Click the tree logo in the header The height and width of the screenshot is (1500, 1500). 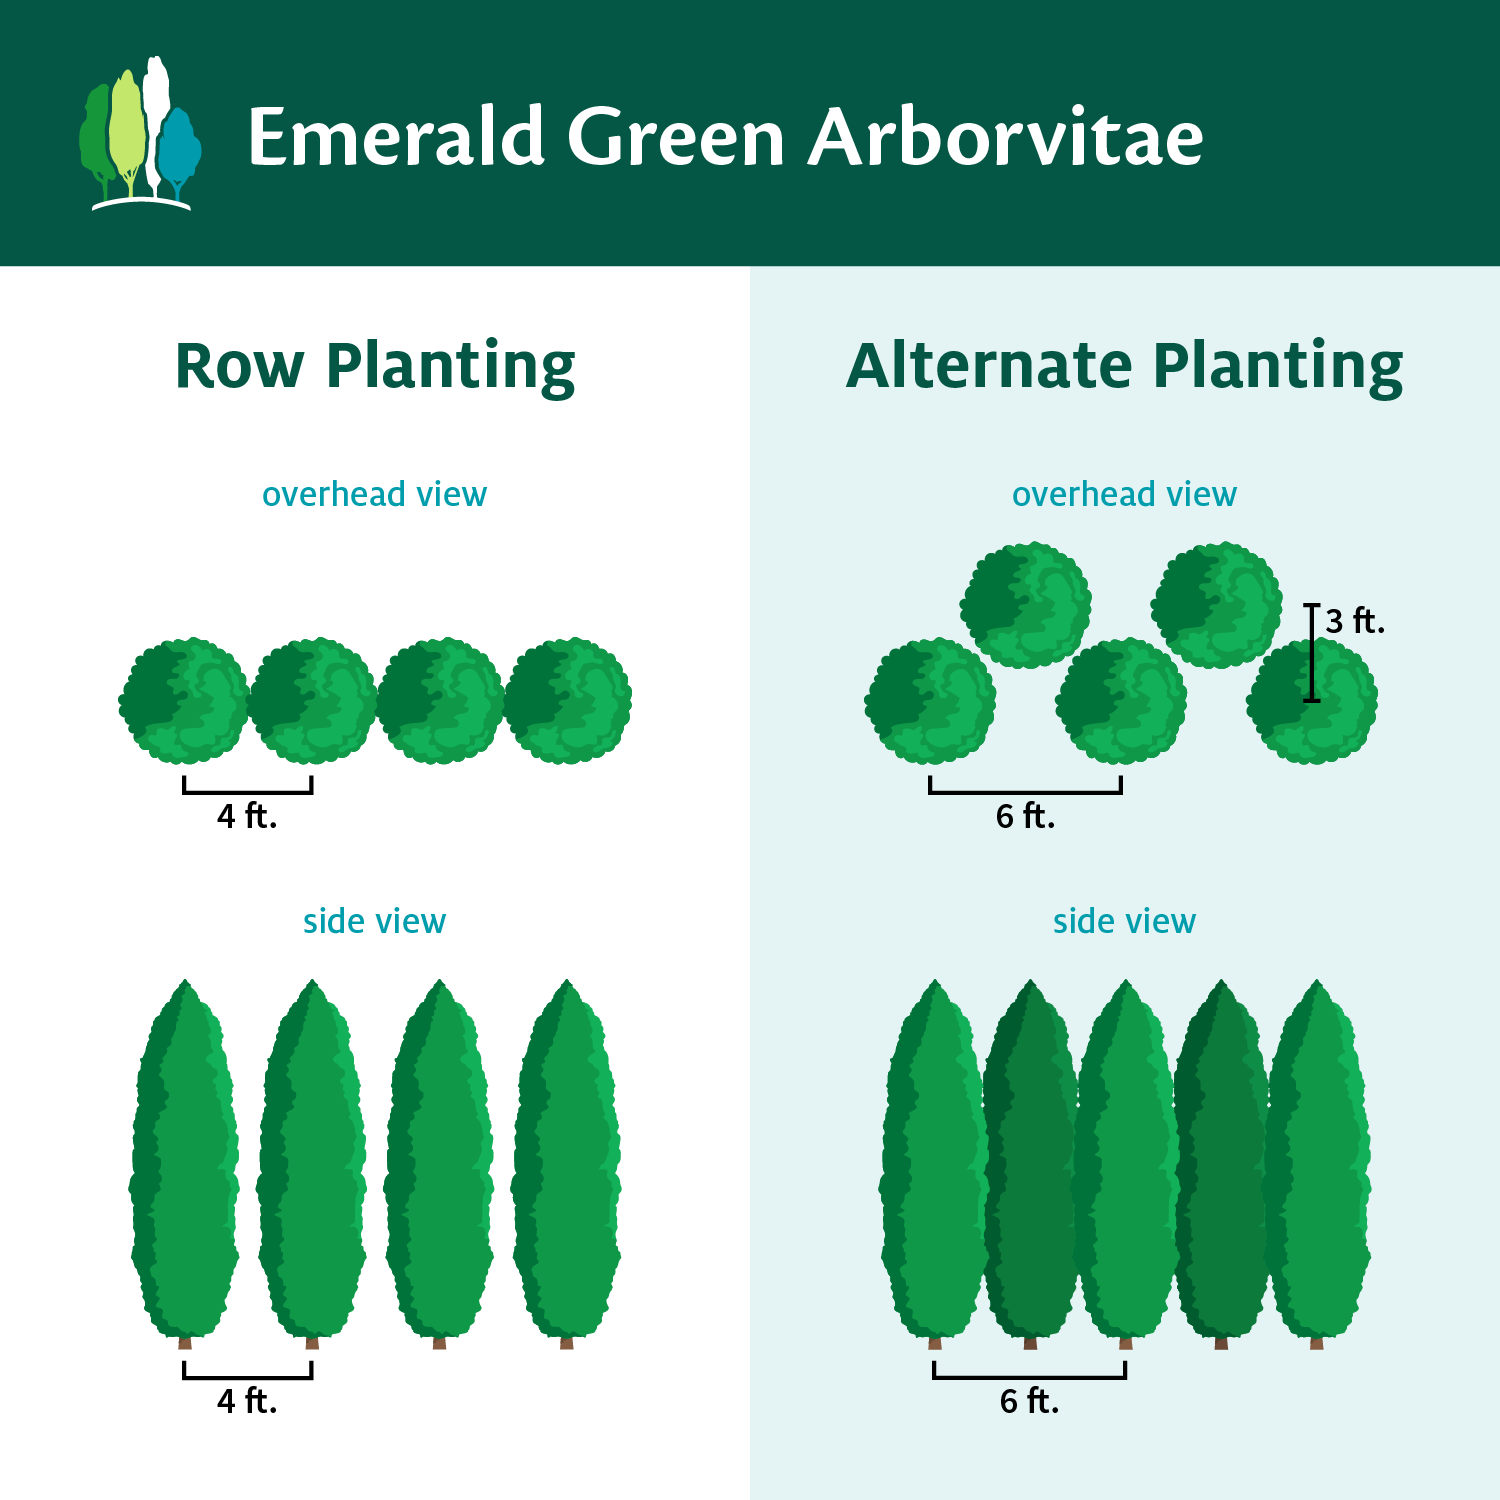(x=140, y=135)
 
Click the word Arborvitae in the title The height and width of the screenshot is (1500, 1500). (x=1006, y=137)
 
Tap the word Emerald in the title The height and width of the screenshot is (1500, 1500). (x=396, y=137)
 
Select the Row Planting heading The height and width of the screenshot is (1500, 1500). (x=375, y=366)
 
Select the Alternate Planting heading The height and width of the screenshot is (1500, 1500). (x=1125, y=366)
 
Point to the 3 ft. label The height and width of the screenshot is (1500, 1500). (x=1355, y=621)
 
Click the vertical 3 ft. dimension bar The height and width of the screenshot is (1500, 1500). (x=1312, y=653)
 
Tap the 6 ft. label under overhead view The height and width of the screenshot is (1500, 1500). (x=1025, y=816)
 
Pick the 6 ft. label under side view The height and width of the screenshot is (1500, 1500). (x=1029, y=1401)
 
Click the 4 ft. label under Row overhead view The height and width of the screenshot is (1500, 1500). (x=247, y=816)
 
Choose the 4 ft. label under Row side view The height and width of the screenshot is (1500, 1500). (x=247, y=1401)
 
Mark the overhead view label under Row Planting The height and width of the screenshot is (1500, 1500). (x=374, y=494)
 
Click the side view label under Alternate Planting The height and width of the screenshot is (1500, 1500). (x=1124, y=921)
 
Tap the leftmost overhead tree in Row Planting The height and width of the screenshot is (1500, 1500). (x=184, y=700)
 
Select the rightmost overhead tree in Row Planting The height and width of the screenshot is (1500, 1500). (x=567, y=700)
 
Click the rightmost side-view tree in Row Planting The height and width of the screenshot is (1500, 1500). (x=567, y=1160)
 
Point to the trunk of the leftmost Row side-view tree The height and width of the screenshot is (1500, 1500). (x=185, y=1342)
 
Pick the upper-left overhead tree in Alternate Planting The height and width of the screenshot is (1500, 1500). (x=1026, y=605)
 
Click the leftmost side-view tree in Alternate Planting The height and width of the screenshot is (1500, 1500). (x=933, y=1160)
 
